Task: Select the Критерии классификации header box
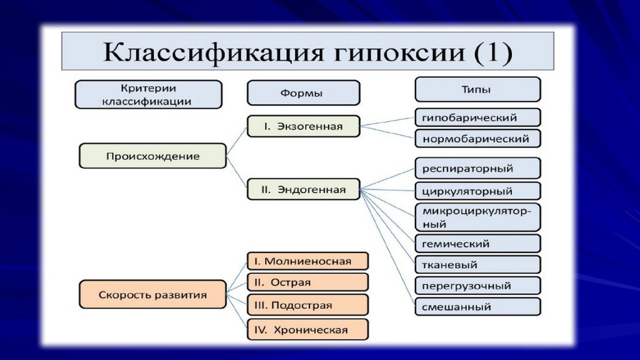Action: [x=149, y=94]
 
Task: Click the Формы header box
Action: [x=304, y=93]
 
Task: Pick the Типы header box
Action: [x=478, y=89]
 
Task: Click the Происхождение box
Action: [x=152, y=156]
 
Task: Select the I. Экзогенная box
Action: [x=304, y=126]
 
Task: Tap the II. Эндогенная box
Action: [x=304, y=189]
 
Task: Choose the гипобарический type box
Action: [x=478, y=117]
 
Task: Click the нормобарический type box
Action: [x=478, y=139]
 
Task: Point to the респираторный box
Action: [x=478, y=168]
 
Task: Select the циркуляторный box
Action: [x=478, y=191]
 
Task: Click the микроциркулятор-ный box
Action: [x=478, y=217]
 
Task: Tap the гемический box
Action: [x=478, y=244]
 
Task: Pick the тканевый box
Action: [x=478, y=265]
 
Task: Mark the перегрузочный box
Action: [x=478, y=286]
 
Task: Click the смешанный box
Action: [x=478, y=307]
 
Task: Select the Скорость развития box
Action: [x=152, y=294]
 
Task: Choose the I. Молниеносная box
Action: [x=307, y=261]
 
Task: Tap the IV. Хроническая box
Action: [x=307, y=329]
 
